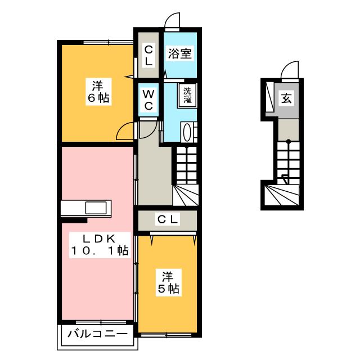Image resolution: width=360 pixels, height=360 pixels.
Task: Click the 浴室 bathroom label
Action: pos(181,54)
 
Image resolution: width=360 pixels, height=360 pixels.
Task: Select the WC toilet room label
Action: pos(150,100)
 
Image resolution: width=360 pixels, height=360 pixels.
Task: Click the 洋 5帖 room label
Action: pos(168,283)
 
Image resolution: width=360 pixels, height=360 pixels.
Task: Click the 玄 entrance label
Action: pos(286,99)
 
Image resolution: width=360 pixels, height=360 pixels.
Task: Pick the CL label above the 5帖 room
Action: pos(167,220)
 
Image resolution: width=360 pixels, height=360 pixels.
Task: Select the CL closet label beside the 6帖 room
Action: pos(148,56)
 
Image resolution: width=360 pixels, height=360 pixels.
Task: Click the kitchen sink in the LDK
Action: pos(96,208)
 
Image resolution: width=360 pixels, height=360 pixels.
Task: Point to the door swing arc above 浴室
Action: pos(173,20)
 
